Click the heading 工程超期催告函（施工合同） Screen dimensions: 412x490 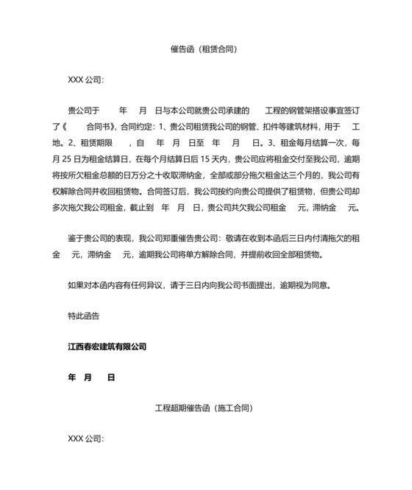point(205,407)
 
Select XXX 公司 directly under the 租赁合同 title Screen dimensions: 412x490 point(85,79)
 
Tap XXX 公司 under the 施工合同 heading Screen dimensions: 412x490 point(85,438)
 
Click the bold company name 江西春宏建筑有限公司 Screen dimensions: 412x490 point(107,346)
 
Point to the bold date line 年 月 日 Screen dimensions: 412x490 point(90,377)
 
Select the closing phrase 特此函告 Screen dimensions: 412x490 point(83,315)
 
